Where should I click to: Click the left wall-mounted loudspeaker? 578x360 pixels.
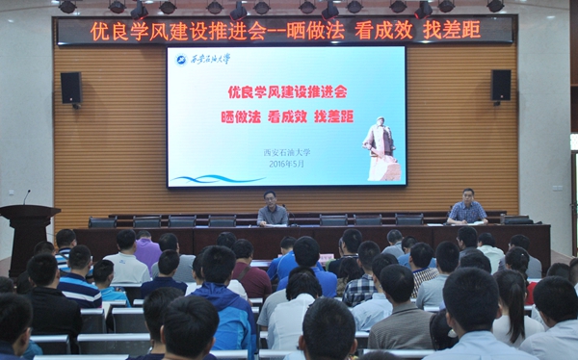pyautogui.click(x=70, y=88)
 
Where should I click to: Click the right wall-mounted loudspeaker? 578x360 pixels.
pyautogui.click(x=500, y=85)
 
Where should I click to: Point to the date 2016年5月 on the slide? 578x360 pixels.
pyautogui.click(x=286, y=163)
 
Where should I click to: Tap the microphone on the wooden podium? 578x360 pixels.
pyautogui.click(x=26, y=196)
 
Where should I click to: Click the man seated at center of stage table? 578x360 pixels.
pyautogui.click(x=273, y=211)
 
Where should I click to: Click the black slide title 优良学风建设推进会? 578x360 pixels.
pyautogui.click(x=287, y=93)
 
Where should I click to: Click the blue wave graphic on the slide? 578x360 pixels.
pyautogui.click(x=217, y=177)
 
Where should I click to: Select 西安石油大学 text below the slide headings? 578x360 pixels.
pyautogui.click(x=287, y=151)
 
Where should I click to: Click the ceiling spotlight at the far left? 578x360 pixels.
pyautogui.click(x=67, y=7)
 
